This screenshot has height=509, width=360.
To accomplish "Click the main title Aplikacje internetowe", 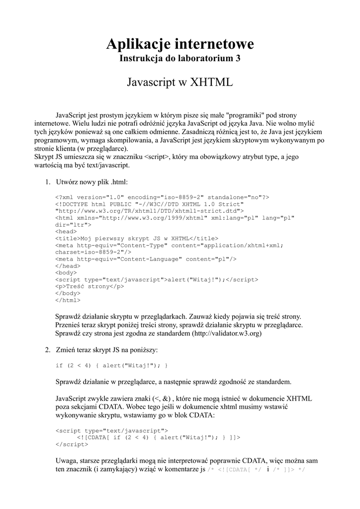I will pyautogui.click(x=180, y=44).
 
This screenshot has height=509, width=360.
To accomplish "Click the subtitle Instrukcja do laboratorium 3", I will pyautogui.click(x=180, y=59).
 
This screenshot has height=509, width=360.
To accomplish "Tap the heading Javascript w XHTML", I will pyautogui.click(x=180, y=82).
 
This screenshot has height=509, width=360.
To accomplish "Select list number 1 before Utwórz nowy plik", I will pyautogui.click(x=48, y=182).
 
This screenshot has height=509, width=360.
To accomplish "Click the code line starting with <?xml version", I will pyautogui.click(x=162, y=197).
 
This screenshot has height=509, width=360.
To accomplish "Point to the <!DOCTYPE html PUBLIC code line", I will pyautogui.click(x=150, y=204).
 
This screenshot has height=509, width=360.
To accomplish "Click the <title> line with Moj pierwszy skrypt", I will pyautogui.click(x=137, y=238).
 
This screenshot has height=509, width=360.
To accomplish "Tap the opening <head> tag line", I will pyautogui.click(x=66, y=231).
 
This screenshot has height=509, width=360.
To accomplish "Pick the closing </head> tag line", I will pyautogui.click(x=68, y=265).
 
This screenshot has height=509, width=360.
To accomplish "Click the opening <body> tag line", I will pyautogui.click(x=66, y=272).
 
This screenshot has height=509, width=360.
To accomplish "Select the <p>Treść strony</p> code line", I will pyautogui.click(x=90, y=286).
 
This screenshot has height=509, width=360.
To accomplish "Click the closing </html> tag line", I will pyautogui.click(x=68, y=300).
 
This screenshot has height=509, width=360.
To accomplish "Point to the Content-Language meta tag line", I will pyautogui.click(x=146, y=259).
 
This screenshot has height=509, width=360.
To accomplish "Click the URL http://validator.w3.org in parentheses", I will pyautogui.click(x=227, y=334).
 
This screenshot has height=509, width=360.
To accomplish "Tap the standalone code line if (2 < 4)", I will pyautogui.click(x=111, y=366).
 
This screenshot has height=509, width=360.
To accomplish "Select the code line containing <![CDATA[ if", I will pyautogui.click(x=158, y=437).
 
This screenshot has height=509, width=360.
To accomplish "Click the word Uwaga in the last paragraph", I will pyautogui.click(x=67, y=460).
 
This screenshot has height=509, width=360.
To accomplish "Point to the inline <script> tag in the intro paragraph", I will pyautogui.click(x=157, y=157).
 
